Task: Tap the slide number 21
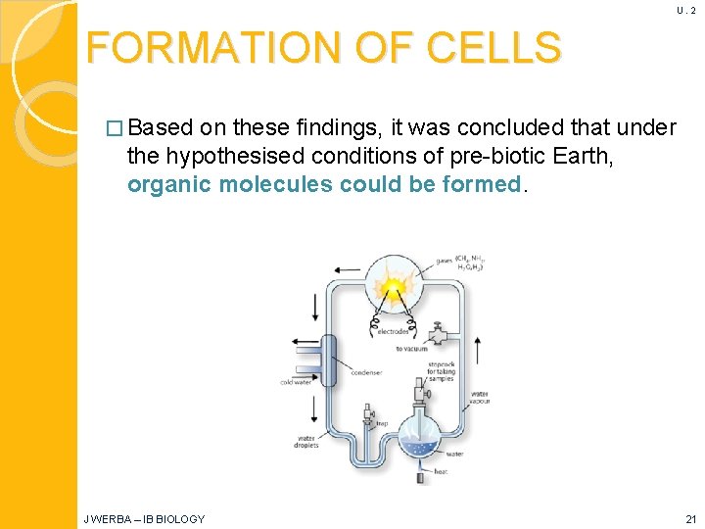pyautogui.click(x=690, y=518)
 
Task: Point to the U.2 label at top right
pyautogui.click(x=685, y=10)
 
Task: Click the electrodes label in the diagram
pyautogui.click(x=395, y=331)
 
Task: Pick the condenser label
pyautogui.click(x=366, y=371)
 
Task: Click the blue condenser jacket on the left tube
pyautogui.click(x=329, y=361)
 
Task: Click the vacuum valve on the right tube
pyautogui.click(x=437, y=333)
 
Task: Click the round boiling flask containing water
pyautogui.click(x=421, y=437)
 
